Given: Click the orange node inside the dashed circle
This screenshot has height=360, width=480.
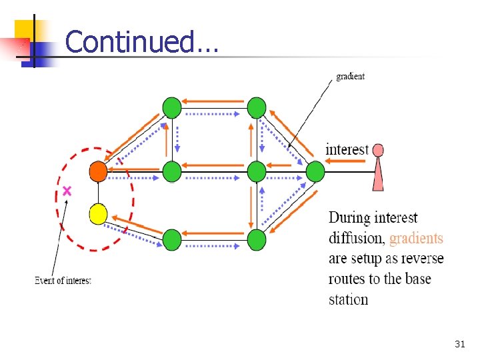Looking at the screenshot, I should [x=98, y=172].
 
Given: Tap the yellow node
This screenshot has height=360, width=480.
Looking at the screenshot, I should [x=98, y=213].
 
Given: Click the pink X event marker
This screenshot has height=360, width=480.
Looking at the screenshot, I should [x=67, y=191].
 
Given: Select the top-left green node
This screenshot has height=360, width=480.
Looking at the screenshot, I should [x=172, y=107].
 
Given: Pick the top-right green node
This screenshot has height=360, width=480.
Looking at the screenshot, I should [x=257, y=107].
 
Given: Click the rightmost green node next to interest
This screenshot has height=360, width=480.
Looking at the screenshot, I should [x=315, y=172].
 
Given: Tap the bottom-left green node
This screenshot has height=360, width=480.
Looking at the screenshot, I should [x=172, y=239].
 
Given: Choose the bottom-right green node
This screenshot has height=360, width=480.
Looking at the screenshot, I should [x=257, y=239].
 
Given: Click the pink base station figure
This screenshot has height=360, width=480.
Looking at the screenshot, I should [x=378, y=167].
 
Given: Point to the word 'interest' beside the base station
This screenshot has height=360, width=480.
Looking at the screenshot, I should [x=347, y=149].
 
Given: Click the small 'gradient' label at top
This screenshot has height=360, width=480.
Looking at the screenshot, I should [x=350, y=76].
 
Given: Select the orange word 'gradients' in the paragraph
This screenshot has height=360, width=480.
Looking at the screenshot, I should [x=416, y=238].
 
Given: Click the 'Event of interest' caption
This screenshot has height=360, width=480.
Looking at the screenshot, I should [x=63, y=281].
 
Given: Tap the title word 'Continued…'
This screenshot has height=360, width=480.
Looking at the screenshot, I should [x=141, y=41].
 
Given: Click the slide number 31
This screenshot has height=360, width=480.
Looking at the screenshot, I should [x=459, y=344].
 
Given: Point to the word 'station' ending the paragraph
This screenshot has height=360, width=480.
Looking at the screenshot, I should [x=348, y=299].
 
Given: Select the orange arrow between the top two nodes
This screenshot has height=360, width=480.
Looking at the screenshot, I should [x=214, y=101].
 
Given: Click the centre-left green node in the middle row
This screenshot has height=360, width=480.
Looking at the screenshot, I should [x=172, y=172].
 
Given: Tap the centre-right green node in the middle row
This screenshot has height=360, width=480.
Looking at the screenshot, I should [x=257, y=172].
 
